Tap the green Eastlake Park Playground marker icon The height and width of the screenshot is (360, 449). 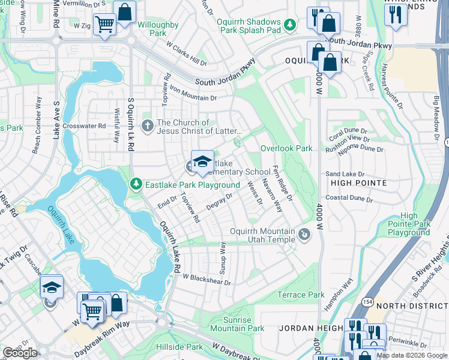click(137, 185)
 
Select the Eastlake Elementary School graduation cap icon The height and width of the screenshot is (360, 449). click(203, 162)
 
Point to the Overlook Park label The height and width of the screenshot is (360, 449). click(286, 148)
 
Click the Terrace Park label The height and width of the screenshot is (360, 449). click(301, 295)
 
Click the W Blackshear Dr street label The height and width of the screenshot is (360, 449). click(207, 279)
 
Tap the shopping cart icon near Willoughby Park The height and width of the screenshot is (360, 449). click(104, 25)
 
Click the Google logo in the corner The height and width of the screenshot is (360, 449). click(20, 353)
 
